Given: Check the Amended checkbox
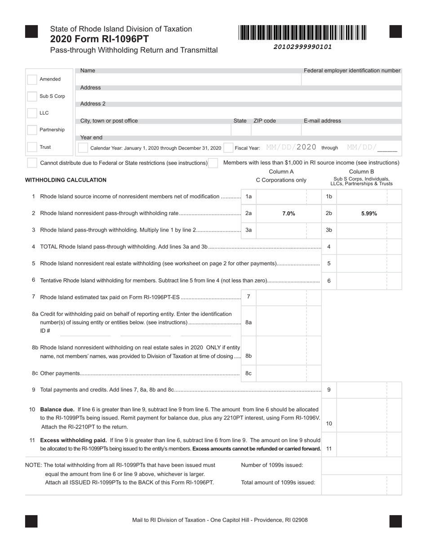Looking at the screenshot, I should point(32,80).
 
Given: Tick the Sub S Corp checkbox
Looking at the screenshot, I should point(32,96).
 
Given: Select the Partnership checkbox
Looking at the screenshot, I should point(32,130).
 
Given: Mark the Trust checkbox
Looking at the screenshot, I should point(32,147).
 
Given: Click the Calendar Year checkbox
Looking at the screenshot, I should point(83,147).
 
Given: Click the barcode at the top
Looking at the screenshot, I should point(302,33).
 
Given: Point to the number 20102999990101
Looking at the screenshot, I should point(302,47).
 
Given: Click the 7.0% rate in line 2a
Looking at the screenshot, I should point(289,214).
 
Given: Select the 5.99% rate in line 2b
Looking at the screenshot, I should point(369,214).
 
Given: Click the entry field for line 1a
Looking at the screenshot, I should point(281,196).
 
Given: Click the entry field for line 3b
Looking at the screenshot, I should point(362,230).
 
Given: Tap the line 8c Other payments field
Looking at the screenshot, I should point(281,373).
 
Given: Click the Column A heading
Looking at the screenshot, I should point(281,172).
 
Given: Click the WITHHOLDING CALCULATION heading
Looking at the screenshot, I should point(66,180).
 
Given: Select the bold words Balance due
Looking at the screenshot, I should point(57,410).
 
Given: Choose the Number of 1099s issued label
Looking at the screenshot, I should point(272,465).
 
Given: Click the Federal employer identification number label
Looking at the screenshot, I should point(352,71).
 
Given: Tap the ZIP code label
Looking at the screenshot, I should point(265,121).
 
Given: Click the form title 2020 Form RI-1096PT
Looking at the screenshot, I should point(99,39).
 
